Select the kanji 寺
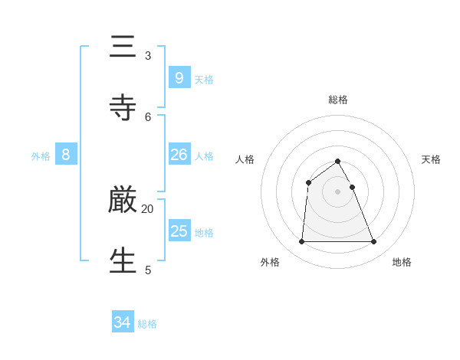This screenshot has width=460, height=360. [123, 108]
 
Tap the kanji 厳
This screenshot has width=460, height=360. [123, 201]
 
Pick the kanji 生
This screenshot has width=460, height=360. [123, 261]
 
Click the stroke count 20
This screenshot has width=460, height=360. [147, 208]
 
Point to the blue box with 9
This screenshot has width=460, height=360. [179, 78]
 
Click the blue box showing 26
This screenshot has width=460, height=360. [179, 155]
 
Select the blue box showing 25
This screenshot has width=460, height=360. [179, 231]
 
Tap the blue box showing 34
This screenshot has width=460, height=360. [122, 322]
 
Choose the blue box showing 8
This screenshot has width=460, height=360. [66, 155]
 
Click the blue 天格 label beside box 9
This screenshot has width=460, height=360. [204, 80]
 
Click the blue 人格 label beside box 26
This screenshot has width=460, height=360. [204, 156]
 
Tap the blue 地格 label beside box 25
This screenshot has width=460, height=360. [204, 233]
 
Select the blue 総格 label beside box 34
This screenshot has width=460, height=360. [147, 324]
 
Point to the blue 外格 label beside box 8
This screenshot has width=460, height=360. [41, 156]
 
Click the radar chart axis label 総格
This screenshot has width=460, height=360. [338, 100]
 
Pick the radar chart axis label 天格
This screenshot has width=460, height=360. [431, 159]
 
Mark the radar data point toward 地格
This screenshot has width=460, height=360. [374, 242]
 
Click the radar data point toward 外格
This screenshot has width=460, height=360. [301, 242]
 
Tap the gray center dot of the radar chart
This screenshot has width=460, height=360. [338, 191]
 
